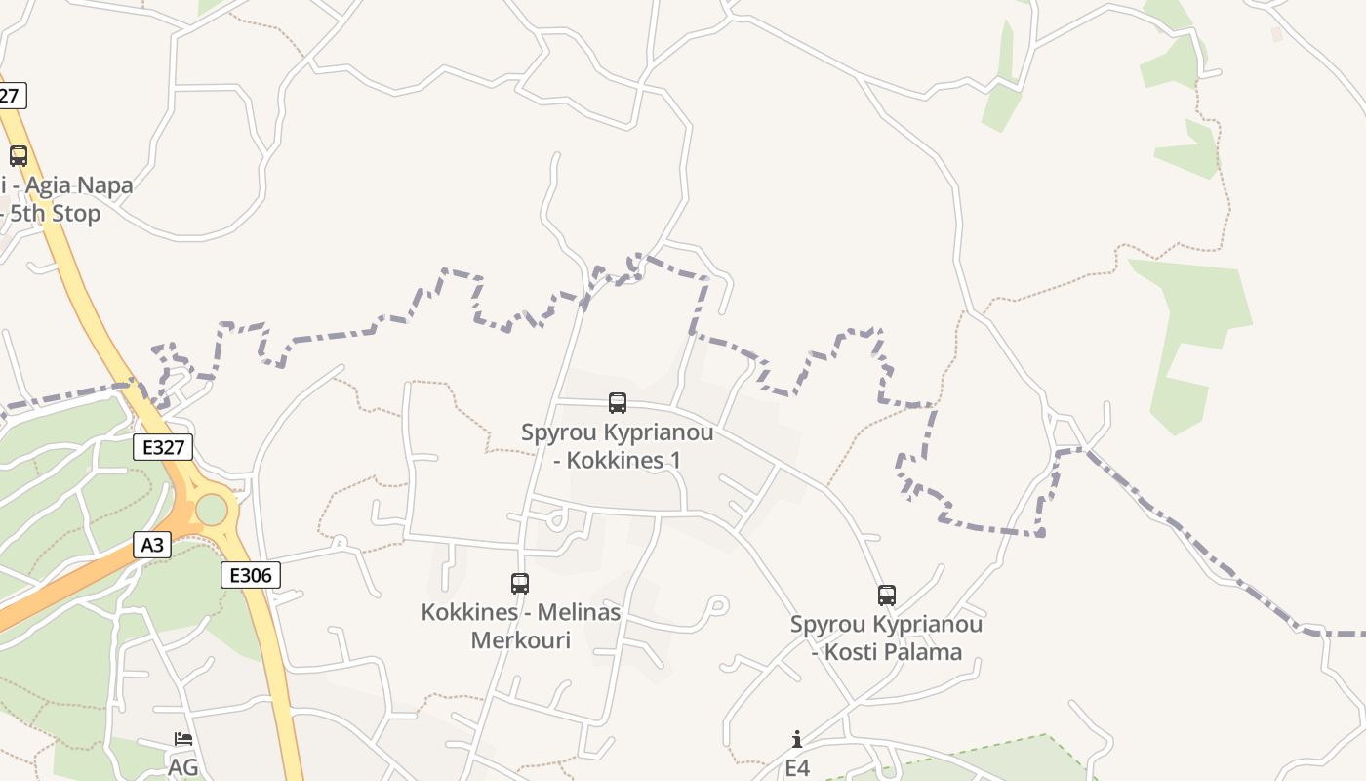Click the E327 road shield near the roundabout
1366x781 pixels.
click(x=163, y=447)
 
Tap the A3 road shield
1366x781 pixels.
click(x=152, y=544)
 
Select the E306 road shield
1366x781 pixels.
click(x=251, y=575)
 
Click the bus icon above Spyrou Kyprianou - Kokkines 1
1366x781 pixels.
click(x=618, y=402)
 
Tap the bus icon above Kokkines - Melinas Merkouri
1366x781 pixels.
click(x=520, y=583)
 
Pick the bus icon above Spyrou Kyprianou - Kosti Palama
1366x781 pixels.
click(x=886, y=595)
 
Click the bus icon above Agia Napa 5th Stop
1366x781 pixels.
click(x=19, y=155)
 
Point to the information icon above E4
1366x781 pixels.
click(x=797, y=739)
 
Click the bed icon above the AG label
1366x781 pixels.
click(x=182, y=739)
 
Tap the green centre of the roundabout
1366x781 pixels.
click(x=211, y=509)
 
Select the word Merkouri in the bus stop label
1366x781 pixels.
click(x=520, y=640)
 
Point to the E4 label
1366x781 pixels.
click(x=797, y=767)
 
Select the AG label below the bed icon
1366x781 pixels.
click(x=182, y=767)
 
